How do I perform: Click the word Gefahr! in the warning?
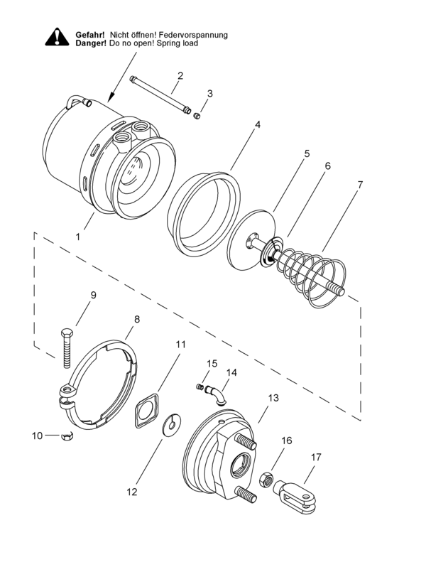[x=90, y=34]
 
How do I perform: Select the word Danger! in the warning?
[x=90, y=43]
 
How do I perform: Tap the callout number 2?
[x=180, y=75]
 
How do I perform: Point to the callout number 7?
[x=360, y=184]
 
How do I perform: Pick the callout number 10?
[x=36, y=435]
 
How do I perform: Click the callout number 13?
[x=273, y=399]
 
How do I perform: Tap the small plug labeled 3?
[x=198, y=116]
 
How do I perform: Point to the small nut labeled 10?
[x=68, y=435]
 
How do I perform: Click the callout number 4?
[x=258, y=124]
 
